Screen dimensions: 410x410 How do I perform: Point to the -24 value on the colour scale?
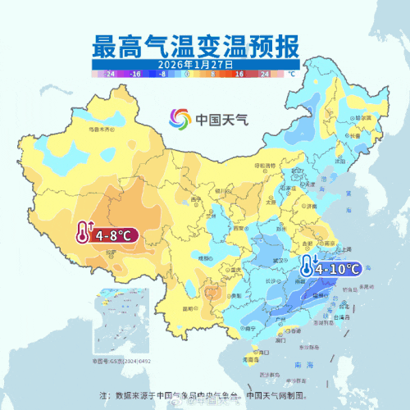pos(110,73)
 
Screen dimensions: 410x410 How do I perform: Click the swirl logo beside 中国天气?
pos(180,120)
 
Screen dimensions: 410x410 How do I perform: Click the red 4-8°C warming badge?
pos(106,235)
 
